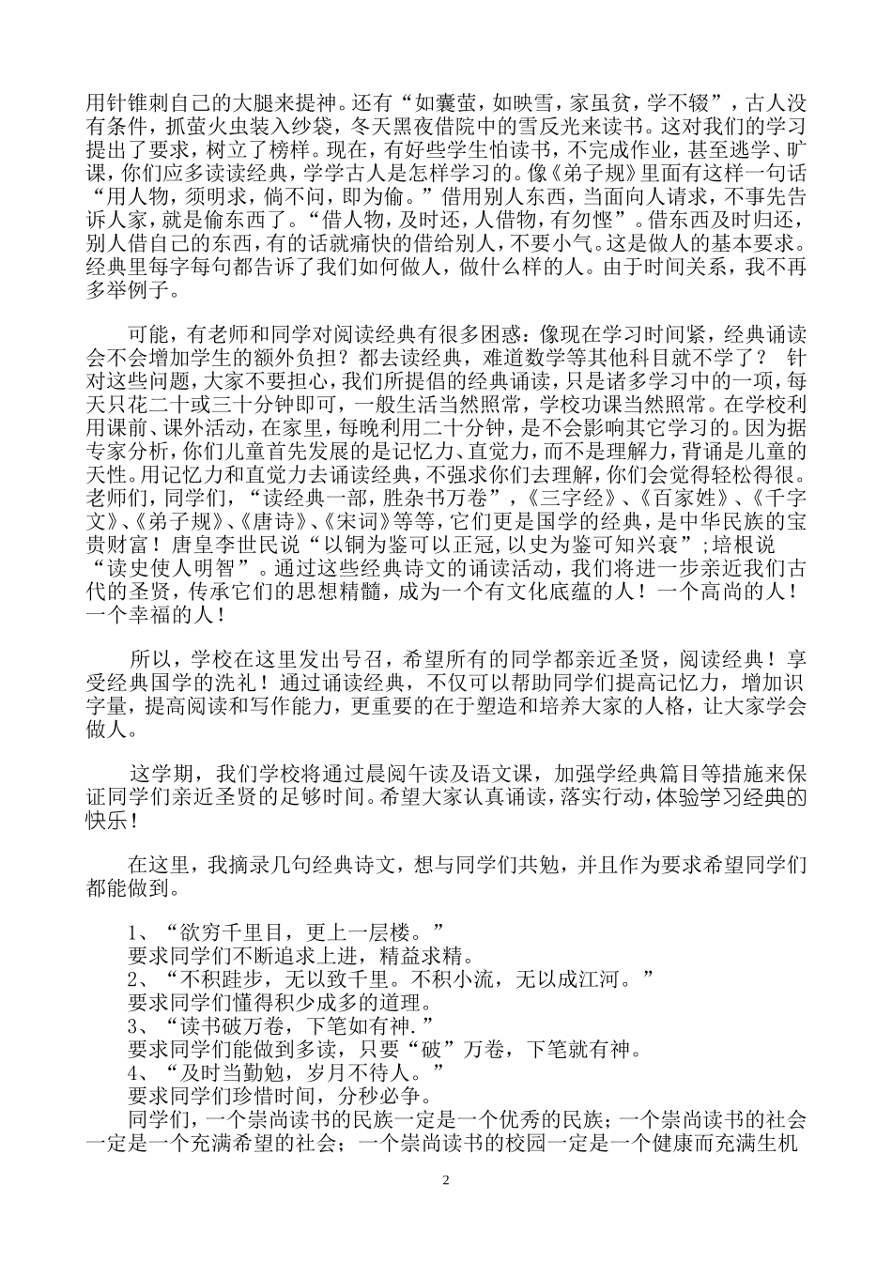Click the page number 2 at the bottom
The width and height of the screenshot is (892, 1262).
(x=447, y=1179)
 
